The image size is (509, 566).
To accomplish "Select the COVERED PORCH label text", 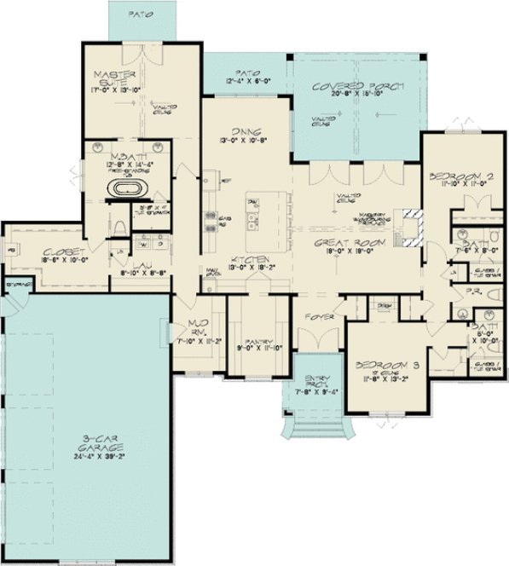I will pyautogui.click(x=357, y=86).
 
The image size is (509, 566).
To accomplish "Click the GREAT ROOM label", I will pyautogui.click(x=350, y=242).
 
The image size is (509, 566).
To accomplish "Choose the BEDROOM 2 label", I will pyautogui.click(x=460, y=177).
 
